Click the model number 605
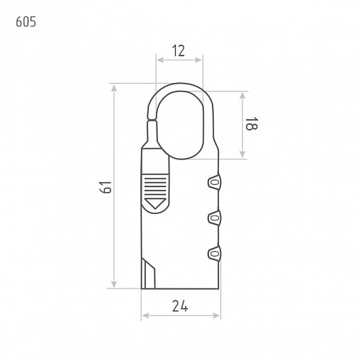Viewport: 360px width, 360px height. click(26, 22)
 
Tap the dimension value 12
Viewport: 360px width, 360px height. click(179, 51)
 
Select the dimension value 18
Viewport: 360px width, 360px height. click(251, 123)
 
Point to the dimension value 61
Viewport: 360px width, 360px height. click(106, 187)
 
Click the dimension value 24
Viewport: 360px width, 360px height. click(180, 306)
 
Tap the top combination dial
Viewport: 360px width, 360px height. click(215, 182)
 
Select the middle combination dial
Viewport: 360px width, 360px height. click(215, 218)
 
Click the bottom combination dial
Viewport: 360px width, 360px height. click(215, 254)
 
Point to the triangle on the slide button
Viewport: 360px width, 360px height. click(155, 203)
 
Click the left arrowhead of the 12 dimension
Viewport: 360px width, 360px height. click(160, 60)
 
